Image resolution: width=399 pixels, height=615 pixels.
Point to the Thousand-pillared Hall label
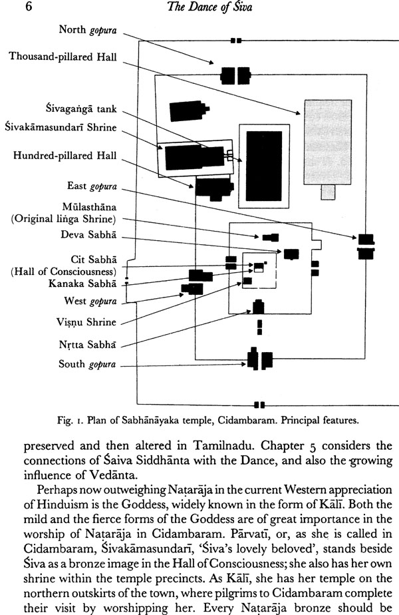(x=63, y=57)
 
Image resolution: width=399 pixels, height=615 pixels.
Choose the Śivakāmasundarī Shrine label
(x=61, y=126)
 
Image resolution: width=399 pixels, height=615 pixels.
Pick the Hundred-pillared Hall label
(x=65, y=156)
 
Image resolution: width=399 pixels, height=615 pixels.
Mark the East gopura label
(x=92, y=186)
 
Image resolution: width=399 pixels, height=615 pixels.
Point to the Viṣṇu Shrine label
(x=86, y=322)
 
